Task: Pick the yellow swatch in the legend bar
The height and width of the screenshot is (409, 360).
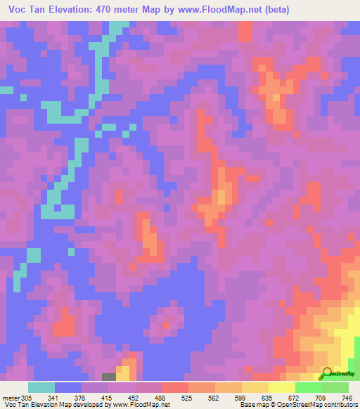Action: [281, 387]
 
